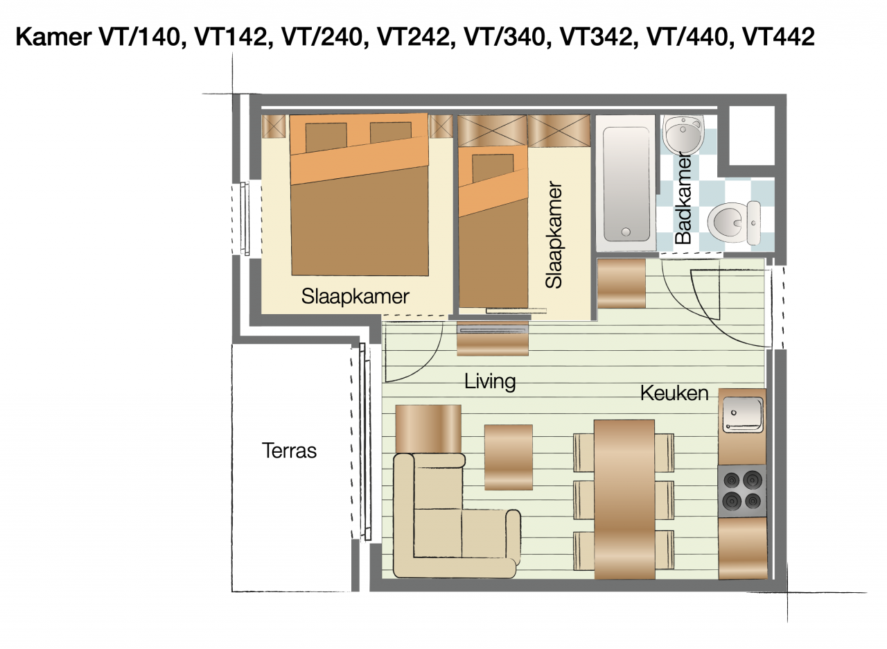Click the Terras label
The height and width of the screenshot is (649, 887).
pyautogui.click(x=289, y=451)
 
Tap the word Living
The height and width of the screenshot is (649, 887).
pyautogui.click(x=490, y=381)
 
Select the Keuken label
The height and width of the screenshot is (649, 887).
pyautogui.click(x=674, y=393)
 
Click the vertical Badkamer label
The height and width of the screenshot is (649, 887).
pyautogui.click(x=683, y=198)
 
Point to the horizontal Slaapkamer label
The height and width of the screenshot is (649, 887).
pyautogui.click(x=355, y=296)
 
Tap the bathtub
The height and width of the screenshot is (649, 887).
pyautogui.click(x=626, y=182)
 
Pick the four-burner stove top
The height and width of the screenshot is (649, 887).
pyautogui.click(x=742, y=490)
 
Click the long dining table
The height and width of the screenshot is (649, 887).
pyautogui.click(x=624, y=499)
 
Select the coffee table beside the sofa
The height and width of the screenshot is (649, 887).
pyautogui.click(x=508, y=457)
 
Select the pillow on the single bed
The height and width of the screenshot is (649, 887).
pyautogui.click(x=492, y=166)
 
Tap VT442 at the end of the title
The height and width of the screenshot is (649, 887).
pyautogui.click(x=778, y=37)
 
